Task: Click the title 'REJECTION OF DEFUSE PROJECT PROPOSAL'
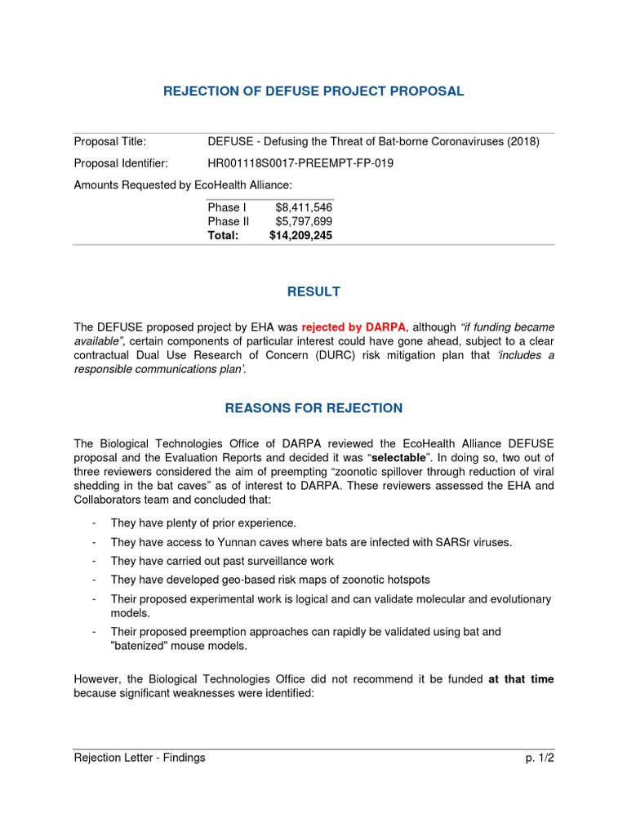coord(313,91)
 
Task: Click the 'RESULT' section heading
coord(313,291)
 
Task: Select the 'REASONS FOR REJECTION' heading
coord(313,407)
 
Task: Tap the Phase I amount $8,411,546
coord(304,207)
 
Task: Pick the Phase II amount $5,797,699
coord(304,221)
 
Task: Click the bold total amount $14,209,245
coord(300,235)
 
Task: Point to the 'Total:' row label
coord(223,235)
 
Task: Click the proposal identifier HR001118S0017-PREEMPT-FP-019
coord(300,163)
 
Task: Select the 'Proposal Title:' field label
coord(110,142)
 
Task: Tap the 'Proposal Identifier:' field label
coord(121,163)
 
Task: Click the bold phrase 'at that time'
coord(521,679)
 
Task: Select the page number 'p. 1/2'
coord(540,758)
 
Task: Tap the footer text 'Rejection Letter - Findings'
coord(140,758)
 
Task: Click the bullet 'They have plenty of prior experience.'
coord(203,522)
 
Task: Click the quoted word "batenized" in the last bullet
coord(142,646)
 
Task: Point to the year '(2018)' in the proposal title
coord(523,142)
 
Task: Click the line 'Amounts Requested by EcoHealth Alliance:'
coord(183,185)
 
